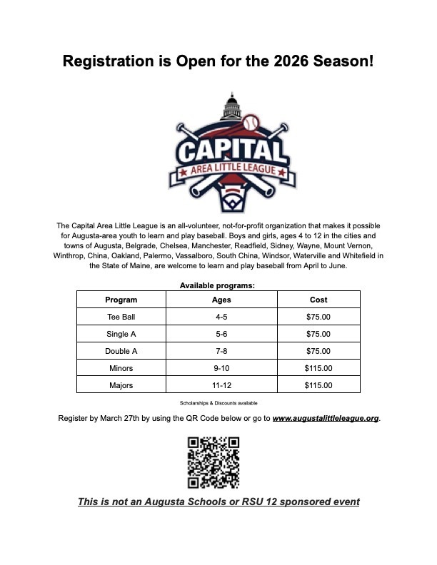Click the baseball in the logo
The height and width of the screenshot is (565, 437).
(x=253, y=125)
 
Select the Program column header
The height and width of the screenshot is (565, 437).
(x=121, y=300)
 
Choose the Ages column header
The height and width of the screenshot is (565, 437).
(x=221, y=300)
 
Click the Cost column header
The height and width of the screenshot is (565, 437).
(x=318, y=300)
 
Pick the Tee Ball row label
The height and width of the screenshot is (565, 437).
(x=121, y=317)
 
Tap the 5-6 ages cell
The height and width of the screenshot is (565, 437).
(x=221, y=334)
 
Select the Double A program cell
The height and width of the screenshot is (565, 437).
(x=121, y=351)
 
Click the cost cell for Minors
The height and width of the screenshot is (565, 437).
(x=318, y=368)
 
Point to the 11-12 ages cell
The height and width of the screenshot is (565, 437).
(x=221, y=385)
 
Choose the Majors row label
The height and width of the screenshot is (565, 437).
(x=121, y=385)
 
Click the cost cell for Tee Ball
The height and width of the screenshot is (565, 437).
(x=318, y=317)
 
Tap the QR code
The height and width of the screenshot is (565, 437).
(x=213, y=462)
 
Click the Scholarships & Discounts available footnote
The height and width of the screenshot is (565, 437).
(x=218, y=403)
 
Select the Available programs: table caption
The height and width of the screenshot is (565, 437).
(x=218, y=285)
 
